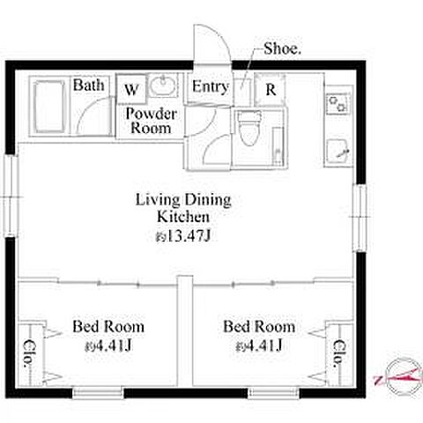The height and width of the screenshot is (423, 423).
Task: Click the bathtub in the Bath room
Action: pos(48,107)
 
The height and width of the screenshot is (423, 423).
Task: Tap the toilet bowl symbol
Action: pos(249,128)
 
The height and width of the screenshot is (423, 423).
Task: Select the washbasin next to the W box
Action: pos(163,85)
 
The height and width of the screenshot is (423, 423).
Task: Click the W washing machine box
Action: pos(131,89)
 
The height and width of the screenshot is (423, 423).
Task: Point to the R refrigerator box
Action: pos(271,89)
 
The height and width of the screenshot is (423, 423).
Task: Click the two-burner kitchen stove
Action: pos(338,104)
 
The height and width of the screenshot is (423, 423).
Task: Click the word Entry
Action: pos(211,87)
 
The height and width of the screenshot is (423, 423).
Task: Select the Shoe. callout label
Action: pos(282,48)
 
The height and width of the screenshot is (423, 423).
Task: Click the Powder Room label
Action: pos(151,121)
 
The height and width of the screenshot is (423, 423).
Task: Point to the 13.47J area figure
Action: pos(183,235)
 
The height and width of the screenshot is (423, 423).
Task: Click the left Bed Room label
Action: pos(108,327)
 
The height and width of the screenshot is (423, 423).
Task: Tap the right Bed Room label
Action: pos(259,327)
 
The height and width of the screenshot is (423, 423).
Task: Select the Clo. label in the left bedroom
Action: pos(28,353)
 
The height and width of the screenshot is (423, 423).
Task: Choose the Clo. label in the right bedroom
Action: pos(338,353)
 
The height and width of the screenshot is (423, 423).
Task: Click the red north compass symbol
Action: pos(400,377)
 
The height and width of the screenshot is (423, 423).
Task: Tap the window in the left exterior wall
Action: pos(11,196)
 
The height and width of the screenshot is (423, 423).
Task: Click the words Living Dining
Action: pos(183,200)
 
